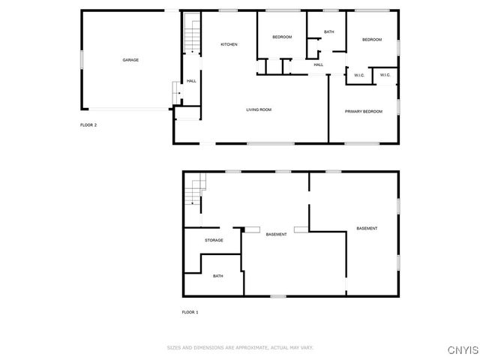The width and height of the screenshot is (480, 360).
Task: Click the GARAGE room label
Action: [130, 60]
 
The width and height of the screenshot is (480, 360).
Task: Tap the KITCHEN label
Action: [229, 45]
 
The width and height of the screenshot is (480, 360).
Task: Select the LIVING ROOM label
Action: [259, 110]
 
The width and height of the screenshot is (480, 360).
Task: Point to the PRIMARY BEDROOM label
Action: [363, 112]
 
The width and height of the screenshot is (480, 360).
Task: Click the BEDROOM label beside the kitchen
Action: [281, 37]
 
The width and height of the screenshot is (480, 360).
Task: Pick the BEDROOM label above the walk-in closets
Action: [372, 40]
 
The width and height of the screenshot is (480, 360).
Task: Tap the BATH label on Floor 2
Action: [328, 31]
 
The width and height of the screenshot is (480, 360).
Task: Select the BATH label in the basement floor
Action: [217, 276]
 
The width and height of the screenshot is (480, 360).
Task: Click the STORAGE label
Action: [214, 240]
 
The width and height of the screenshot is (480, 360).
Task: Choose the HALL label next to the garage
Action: [191, 81]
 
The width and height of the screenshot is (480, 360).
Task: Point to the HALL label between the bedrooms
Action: [318, 65]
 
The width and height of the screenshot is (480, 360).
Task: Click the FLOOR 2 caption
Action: [88, 125]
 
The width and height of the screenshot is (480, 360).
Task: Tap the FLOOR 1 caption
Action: [190, 312]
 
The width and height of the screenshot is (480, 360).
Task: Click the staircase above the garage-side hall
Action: [193, 34]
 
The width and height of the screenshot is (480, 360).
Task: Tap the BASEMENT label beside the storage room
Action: [276, 235]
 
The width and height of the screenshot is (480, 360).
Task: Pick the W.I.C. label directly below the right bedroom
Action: [384, 75]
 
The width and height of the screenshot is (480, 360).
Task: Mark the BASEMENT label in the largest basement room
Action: [367, 229]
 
